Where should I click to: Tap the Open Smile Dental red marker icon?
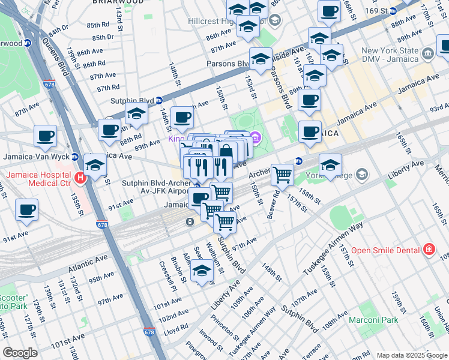429,249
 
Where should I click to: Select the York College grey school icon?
361,175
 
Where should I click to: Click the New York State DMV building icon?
428,55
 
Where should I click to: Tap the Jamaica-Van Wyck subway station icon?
75,157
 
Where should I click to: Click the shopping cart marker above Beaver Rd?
282,175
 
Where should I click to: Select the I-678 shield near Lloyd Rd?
149,332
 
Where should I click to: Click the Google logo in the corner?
20,353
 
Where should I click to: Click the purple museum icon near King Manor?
256,139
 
